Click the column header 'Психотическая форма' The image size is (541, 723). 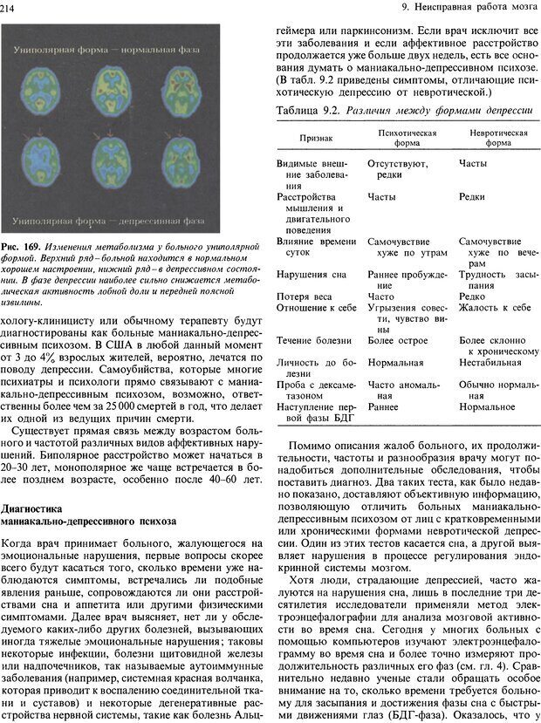pos(406,138)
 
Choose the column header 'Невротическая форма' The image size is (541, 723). pos(498,138)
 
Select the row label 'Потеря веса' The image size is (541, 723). pos(303,296)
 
